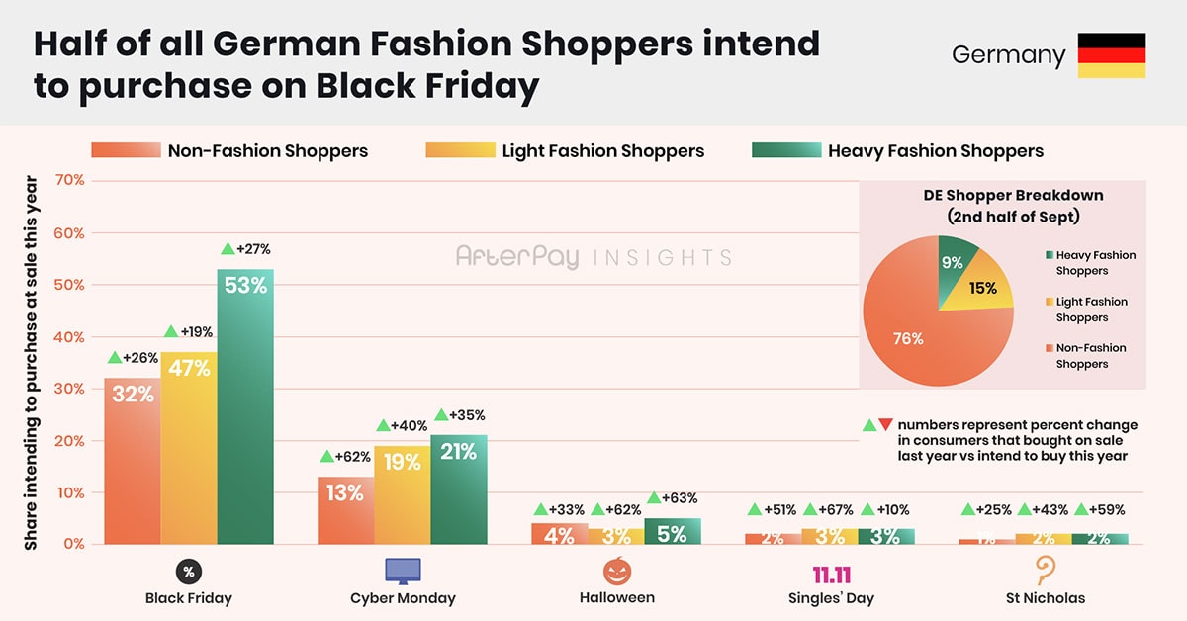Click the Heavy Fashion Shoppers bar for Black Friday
click(245, 405)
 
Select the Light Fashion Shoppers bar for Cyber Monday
click(402, 494)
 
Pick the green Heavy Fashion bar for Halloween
click(672, 531)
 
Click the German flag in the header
click(1111, 55)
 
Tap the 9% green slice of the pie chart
click(956, 259)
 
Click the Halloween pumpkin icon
click(617, 571)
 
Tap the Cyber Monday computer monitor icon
click(403, 571)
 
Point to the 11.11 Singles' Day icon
click(831, 575)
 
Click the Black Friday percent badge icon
click(188, 571)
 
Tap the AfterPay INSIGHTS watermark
click(593, 257)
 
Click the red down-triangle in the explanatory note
click(885, 425)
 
